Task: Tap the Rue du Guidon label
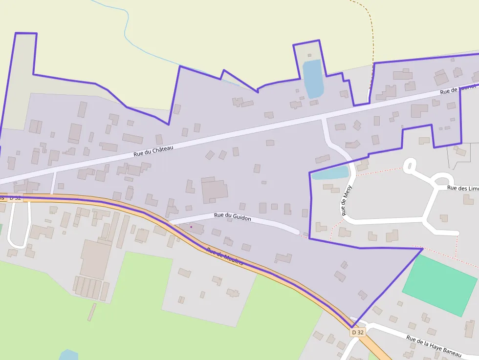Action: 232,217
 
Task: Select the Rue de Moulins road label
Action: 225,256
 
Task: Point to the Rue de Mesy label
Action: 347,200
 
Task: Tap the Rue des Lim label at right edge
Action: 463,188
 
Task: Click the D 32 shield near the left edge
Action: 15,198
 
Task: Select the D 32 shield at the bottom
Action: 358,332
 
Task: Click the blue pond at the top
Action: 313,78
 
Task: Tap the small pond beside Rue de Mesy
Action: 330,173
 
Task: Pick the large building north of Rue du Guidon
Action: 214,190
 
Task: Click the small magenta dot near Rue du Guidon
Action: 191,227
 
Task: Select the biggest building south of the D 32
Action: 95,259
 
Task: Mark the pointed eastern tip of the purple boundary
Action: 422,249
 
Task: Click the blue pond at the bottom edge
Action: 68,355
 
